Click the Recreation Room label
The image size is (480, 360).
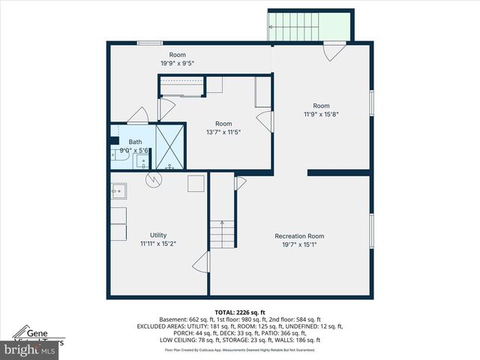299,237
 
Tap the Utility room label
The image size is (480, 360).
157,235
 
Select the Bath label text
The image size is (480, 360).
135,142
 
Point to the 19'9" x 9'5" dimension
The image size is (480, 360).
177,64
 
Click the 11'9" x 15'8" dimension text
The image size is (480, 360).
321,114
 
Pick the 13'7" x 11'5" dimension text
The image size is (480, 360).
223,132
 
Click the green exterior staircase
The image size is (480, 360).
310,27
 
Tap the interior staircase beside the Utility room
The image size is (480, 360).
222,234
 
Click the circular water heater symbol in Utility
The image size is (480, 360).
153,180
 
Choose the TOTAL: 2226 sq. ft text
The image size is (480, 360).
239,312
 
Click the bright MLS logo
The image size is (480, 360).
30,349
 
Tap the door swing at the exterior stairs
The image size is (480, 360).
334,51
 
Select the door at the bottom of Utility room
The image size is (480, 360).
200,262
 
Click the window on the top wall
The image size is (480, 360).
150,43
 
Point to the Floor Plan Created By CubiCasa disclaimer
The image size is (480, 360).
239,349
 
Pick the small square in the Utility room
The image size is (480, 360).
196,184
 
